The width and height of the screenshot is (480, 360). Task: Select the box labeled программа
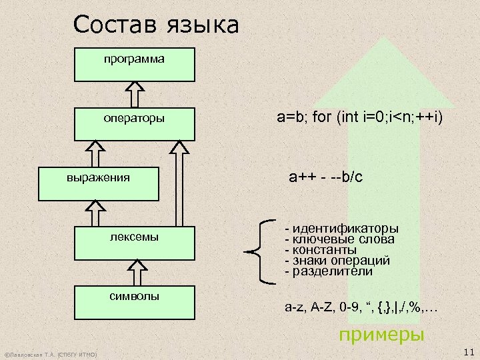(133, 64)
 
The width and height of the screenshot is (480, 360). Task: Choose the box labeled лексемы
(133, 244)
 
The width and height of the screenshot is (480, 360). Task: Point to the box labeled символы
(133, 303)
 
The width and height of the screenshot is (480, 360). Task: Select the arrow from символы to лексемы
(135, 273)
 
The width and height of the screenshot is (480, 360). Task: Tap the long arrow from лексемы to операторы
(179, 183)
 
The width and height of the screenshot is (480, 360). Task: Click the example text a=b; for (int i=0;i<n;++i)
(359, 119)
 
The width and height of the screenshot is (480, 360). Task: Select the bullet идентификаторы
(341, 228)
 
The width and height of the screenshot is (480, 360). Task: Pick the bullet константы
(319, 250)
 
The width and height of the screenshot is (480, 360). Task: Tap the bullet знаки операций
(337, 261)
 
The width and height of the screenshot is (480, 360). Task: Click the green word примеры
(382, 333)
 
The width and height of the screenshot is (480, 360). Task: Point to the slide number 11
(467, 351)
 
